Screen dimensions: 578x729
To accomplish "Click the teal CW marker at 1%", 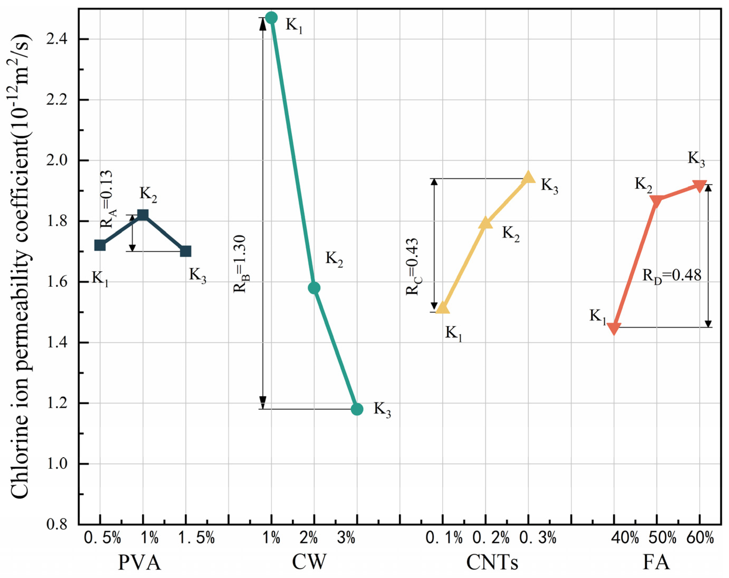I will coord(271,18).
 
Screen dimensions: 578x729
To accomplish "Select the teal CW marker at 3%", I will coord(357,409).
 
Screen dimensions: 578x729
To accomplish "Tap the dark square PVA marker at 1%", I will coord(143,215).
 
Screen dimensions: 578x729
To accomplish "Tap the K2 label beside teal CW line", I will coord(334,259).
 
